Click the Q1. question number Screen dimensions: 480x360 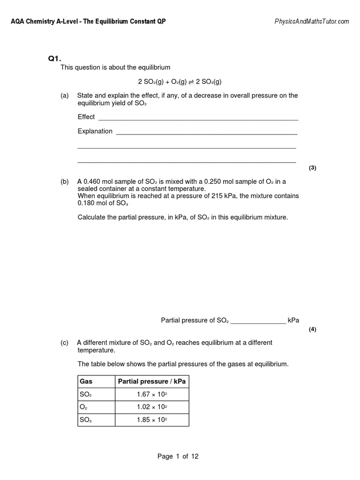pos(55,59)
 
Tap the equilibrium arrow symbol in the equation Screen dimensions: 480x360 pos(191,81)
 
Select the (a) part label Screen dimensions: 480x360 pos(65,96)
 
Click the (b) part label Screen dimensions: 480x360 pos(65,181)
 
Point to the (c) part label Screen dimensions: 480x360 pos(65,343)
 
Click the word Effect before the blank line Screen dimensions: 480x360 pos(86,117)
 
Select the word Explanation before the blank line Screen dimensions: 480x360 pos(95,131)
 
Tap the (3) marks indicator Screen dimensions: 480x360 pos(313,168)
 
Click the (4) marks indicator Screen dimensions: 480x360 pos(313,329)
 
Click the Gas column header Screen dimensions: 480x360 pos(86,382)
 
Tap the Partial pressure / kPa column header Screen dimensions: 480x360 pos(152,382)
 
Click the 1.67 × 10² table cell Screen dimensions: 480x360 pos(152,395)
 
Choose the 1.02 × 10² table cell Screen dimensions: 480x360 pos(152,407)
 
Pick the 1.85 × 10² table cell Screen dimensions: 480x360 pos(152,420)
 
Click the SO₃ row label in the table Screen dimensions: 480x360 pos(85,420)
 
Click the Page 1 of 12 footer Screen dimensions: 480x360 pos(178,457)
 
